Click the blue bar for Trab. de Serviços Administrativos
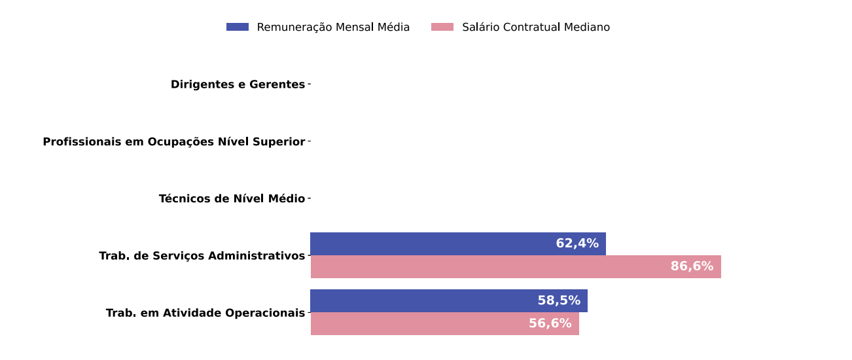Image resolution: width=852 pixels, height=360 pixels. coord(432,244)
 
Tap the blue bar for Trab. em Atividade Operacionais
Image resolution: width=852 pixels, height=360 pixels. coord(425,301)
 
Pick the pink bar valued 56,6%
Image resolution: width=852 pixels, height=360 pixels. coord(419,324)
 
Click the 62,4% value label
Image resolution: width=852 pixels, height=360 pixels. coord(577,244)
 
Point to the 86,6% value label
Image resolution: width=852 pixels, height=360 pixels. coord(692,267)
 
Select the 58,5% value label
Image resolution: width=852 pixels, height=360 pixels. coord(559,301)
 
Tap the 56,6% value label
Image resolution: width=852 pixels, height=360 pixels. coord(550,324)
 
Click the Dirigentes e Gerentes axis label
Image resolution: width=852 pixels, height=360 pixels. coord(238,85)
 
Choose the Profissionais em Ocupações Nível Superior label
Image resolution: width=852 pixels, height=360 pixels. coord(173,142)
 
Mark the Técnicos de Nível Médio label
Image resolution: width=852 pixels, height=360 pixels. coord(232,199)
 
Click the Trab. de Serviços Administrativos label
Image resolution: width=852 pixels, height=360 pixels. coord(202,256)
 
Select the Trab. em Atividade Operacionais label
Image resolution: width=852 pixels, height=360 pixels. coord(205,314)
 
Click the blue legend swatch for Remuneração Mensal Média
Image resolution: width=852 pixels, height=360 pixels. coord(238,27)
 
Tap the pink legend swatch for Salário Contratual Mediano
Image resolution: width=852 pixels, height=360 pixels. coord(442,27)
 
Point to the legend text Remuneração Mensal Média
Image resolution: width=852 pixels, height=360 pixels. coord(333,27)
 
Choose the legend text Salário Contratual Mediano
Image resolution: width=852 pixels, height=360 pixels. coord(536,27)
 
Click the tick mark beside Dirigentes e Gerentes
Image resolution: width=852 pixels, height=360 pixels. coord(309,84)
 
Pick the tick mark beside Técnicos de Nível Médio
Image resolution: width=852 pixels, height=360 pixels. coord(309,198)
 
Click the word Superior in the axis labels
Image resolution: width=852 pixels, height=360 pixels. coord(280,142)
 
